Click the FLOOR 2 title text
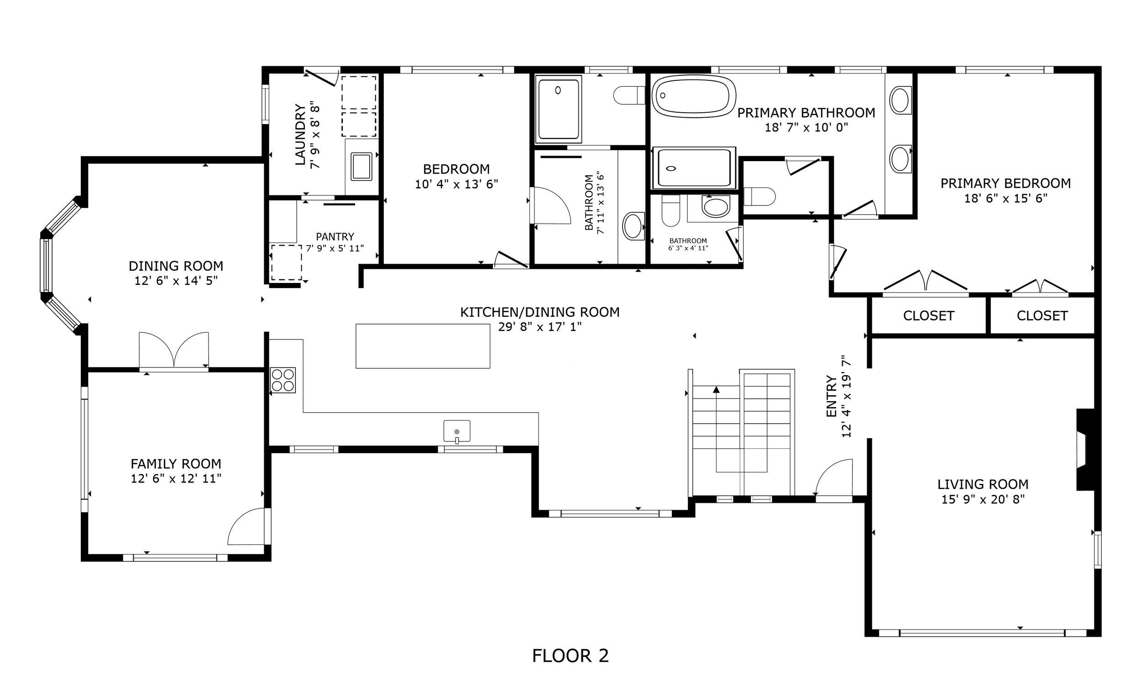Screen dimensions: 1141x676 tap(570, 656)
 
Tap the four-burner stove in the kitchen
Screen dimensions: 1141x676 tap(283, 380)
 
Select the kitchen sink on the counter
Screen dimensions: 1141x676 tap(457, 431)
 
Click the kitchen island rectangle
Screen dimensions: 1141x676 tap(423, 346)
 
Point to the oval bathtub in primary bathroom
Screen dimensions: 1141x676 tap(693, 96)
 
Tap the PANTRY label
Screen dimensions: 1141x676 tap(335, 236)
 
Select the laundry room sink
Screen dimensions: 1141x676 tap(361, 167)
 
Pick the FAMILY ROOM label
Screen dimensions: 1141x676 tap(176, 464)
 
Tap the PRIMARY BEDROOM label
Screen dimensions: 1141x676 tap(1005, 183)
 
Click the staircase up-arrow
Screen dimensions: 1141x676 tap(716, 389)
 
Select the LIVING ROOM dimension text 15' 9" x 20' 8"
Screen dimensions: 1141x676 tap(983, 499)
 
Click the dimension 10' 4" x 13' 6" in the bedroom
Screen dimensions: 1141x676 tap(456, 184)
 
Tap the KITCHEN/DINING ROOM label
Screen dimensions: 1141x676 tap(540, 312)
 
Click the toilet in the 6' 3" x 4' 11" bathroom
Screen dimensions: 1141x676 tap(670, 210)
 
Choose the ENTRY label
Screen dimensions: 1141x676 tap(832, 396)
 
